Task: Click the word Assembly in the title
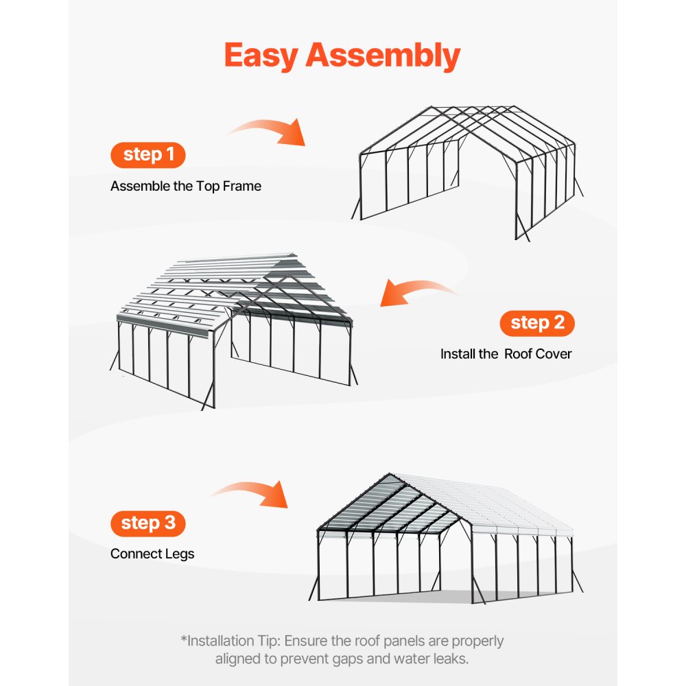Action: pyautogui.click(x=382, y=56)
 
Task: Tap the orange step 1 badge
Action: pyautogui.click(x=147, y=155)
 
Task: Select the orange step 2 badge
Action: pyautogui.click(x=537, y=322)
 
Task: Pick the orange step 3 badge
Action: pyautogui.click(x=147, y=523)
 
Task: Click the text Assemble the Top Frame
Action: pyautogui.click(x=186, y=186)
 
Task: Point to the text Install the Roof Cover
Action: pyautogui.click(x=506, y=354)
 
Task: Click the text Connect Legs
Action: pyautogui.click(x=152, y=554)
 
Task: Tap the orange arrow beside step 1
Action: pyautogui.click(x=268, y=131)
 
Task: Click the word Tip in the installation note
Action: pyautogui.click(x=267, y=641)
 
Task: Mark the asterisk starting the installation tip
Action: pyautogui.click(x=183, y=640)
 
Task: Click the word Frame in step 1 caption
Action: pyautogui.click(x=242, y=186)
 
